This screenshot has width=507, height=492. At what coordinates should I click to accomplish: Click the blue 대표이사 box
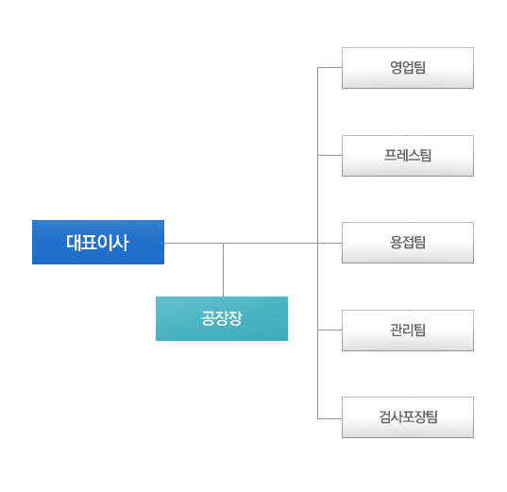pos(98,242)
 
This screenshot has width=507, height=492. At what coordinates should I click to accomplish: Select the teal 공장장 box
pos(222,318)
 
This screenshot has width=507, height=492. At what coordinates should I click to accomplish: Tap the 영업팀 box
pos(408,68)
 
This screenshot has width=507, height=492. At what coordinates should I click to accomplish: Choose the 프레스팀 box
pos(408,156)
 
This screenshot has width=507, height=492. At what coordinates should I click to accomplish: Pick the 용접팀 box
pos(408,243)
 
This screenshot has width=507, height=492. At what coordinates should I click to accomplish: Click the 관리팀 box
pos(408,331)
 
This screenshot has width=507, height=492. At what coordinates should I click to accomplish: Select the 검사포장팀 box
pos(408,417)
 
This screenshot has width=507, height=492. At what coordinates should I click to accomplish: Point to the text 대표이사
pos(97,243)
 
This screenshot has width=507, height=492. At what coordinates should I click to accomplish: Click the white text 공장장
pos(222,318)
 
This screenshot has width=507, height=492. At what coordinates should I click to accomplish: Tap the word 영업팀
pos(408,68)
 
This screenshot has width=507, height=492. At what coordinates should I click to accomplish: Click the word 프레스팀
pos(408,155)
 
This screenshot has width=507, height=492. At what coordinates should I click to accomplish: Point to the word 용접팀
pos(408,243)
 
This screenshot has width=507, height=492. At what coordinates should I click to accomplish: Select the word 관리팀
pos(408,330)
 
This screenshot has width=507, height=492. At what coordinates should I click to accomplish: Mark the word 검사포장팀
pos(408,417)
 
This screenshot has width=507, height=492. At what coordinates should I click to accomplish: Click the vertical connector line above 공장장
pos(223,270)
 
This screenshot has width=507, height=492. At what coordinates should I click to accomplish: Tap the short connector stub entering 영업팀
pos(330,68)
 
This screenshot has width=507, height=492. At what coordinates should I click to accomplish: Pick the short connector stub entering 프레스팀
pos(330,155)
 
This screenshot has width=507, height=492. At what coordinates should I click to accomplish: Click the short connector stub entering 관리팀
pos(330,330)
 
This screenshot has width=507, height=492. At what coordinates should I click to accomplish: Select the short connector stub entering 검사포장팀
pos(330,418)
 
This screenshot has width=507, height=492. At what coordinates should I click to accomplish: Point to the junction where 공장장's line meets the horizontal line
pos(223,243)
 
